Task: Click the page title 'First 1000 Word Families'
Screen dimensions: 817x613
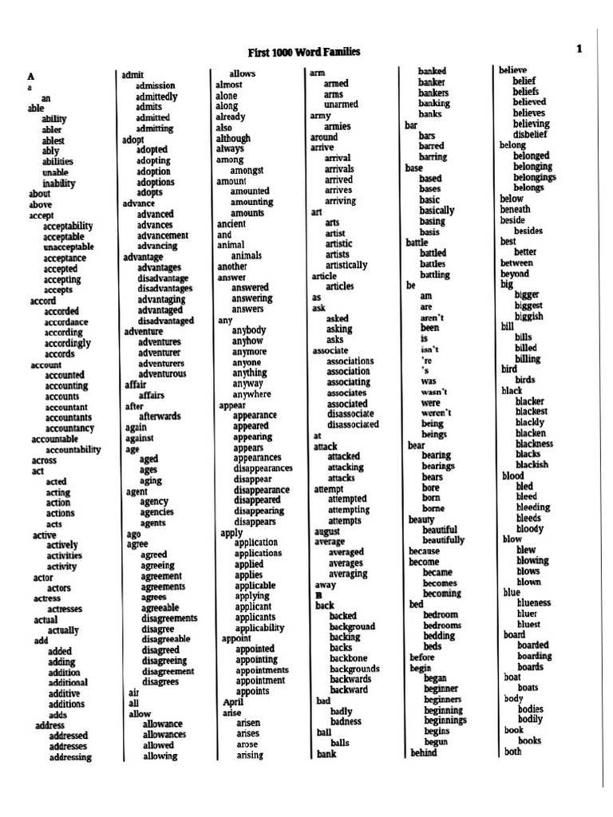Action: tap(303, 52)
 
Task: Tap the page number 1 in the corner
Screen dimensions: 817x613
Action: tap(579, 49)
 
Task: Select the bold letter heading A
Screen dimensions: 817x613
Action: tap(31, 76)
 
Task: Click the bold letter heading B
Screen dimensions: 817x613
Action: tap(318, 595)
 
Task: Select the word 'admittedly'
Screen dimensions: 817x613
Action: tap(156, 97)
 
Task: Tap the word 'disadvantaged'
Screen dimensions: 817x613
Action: tap(165, 321)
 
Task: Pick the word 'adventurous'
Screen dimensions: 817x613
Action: tap(162, 373)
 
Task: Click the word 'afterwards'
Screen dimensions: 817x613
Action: tap(160, 416)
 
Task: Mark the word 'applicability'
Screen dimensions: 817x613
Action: tap(259, 628)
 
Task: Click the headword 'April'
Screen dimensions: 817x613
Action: tap(232, 702)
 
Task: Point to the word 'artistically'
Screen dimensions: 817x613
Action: tap(346, 265)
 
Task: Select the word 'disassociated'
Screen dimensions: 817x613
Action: tap(353, 424)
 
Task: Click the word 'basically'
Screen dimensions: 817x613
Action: tap(437, 211)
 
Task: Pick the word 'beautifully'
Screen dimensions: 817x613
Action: tap(443, 540)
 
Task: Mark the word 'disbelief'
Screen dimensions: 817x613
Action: tap(530, 135)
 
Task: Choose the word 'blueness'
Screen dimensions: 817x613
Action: tap(534, 603)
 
